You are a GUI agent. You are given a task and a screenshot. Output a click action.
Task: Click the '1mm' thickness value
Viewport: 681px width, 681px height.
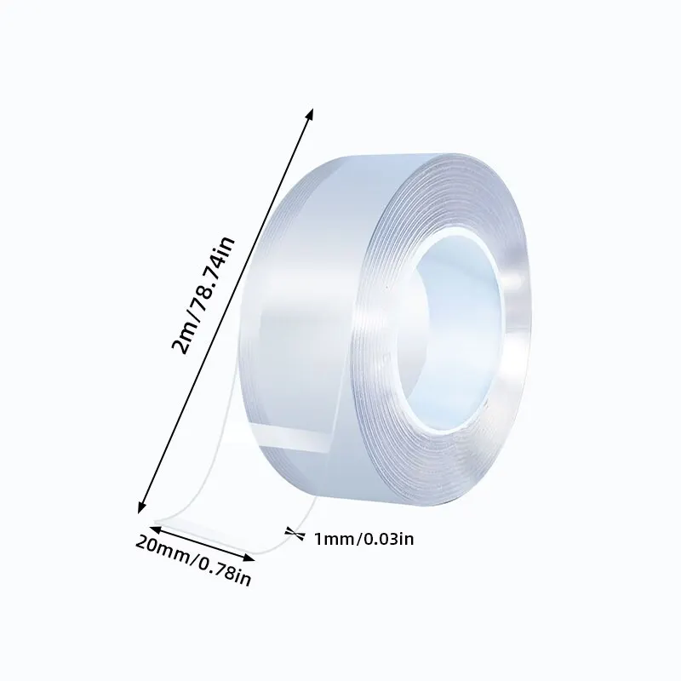[331, 537]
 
